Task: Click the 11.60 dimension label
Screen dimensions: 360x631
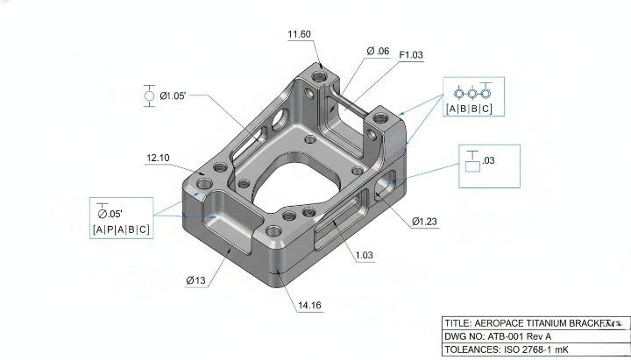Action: coord(300,34)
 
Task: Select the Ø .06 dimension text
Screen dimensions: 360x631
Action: coord(378,52)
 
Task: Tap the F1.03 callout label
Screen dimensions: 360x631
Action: coord(411,55)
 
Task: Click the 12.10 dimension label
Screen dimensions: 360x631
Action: coord(158,158)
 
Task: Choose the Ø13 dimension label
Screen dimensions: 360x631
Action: coord(195,280)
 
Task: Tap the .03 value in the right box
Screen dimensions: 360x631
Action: coord(489,161)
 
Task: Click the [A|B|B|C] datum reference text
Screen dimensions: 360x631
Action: coord(469,109)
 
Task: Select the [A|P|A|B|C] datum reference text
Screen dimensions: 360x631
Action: coord(121,229)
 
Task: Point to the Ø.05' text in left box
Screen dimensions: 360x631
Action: coord(111,213)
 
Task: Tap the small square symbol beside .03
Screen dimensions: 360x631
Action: coord(472,165)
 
